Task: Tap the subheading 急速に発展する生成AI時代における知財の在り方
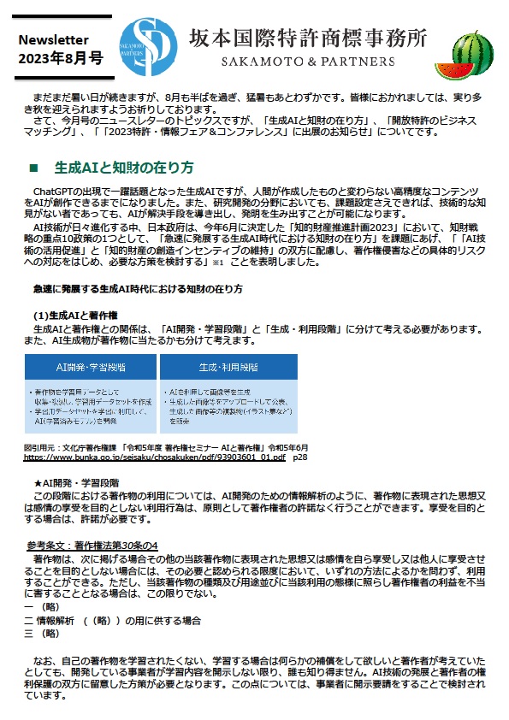137,289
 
